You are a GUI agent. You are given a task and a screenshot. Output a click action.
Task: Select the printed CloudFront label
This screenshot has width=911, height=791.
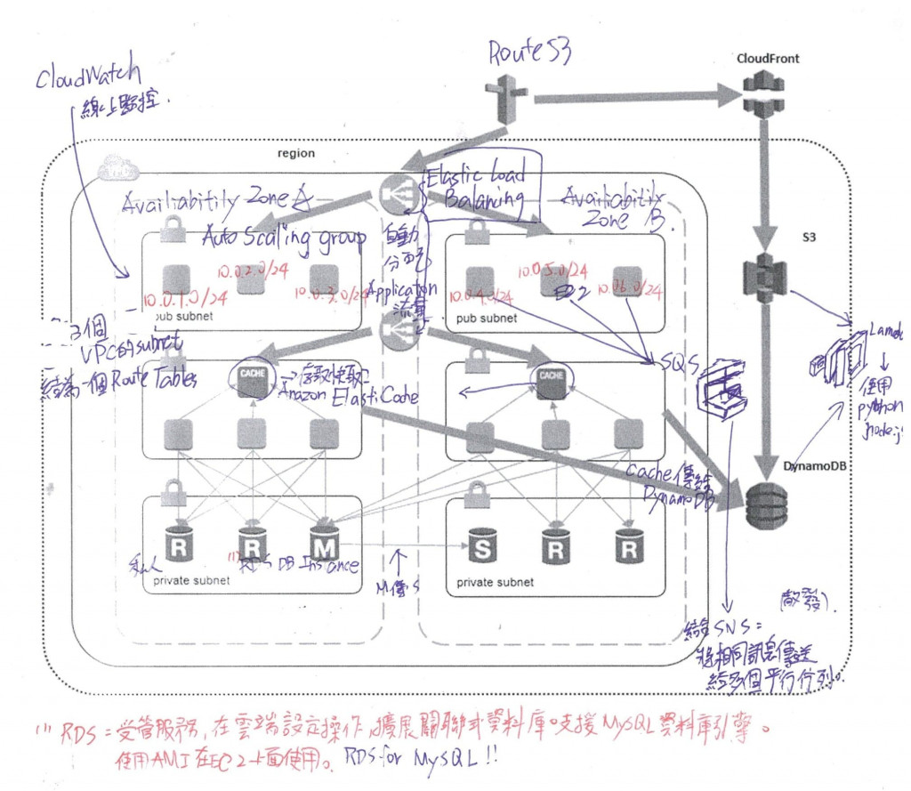coord(768,59)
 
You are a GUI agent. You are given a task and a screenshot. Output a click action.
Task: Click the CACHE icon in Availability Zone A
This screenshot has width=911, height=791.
coord(252,382)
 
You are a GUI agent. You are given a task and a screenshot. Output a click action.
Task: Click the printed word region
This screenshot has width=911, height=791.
coord(296,153)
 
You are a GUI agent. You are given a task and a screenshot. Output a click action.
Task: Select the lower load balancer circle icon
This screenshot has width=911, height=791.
coord(396,333)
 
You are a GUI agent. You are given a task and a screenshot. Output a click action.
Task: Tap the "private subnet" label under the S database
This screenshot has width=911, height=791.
coord(495,583)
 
